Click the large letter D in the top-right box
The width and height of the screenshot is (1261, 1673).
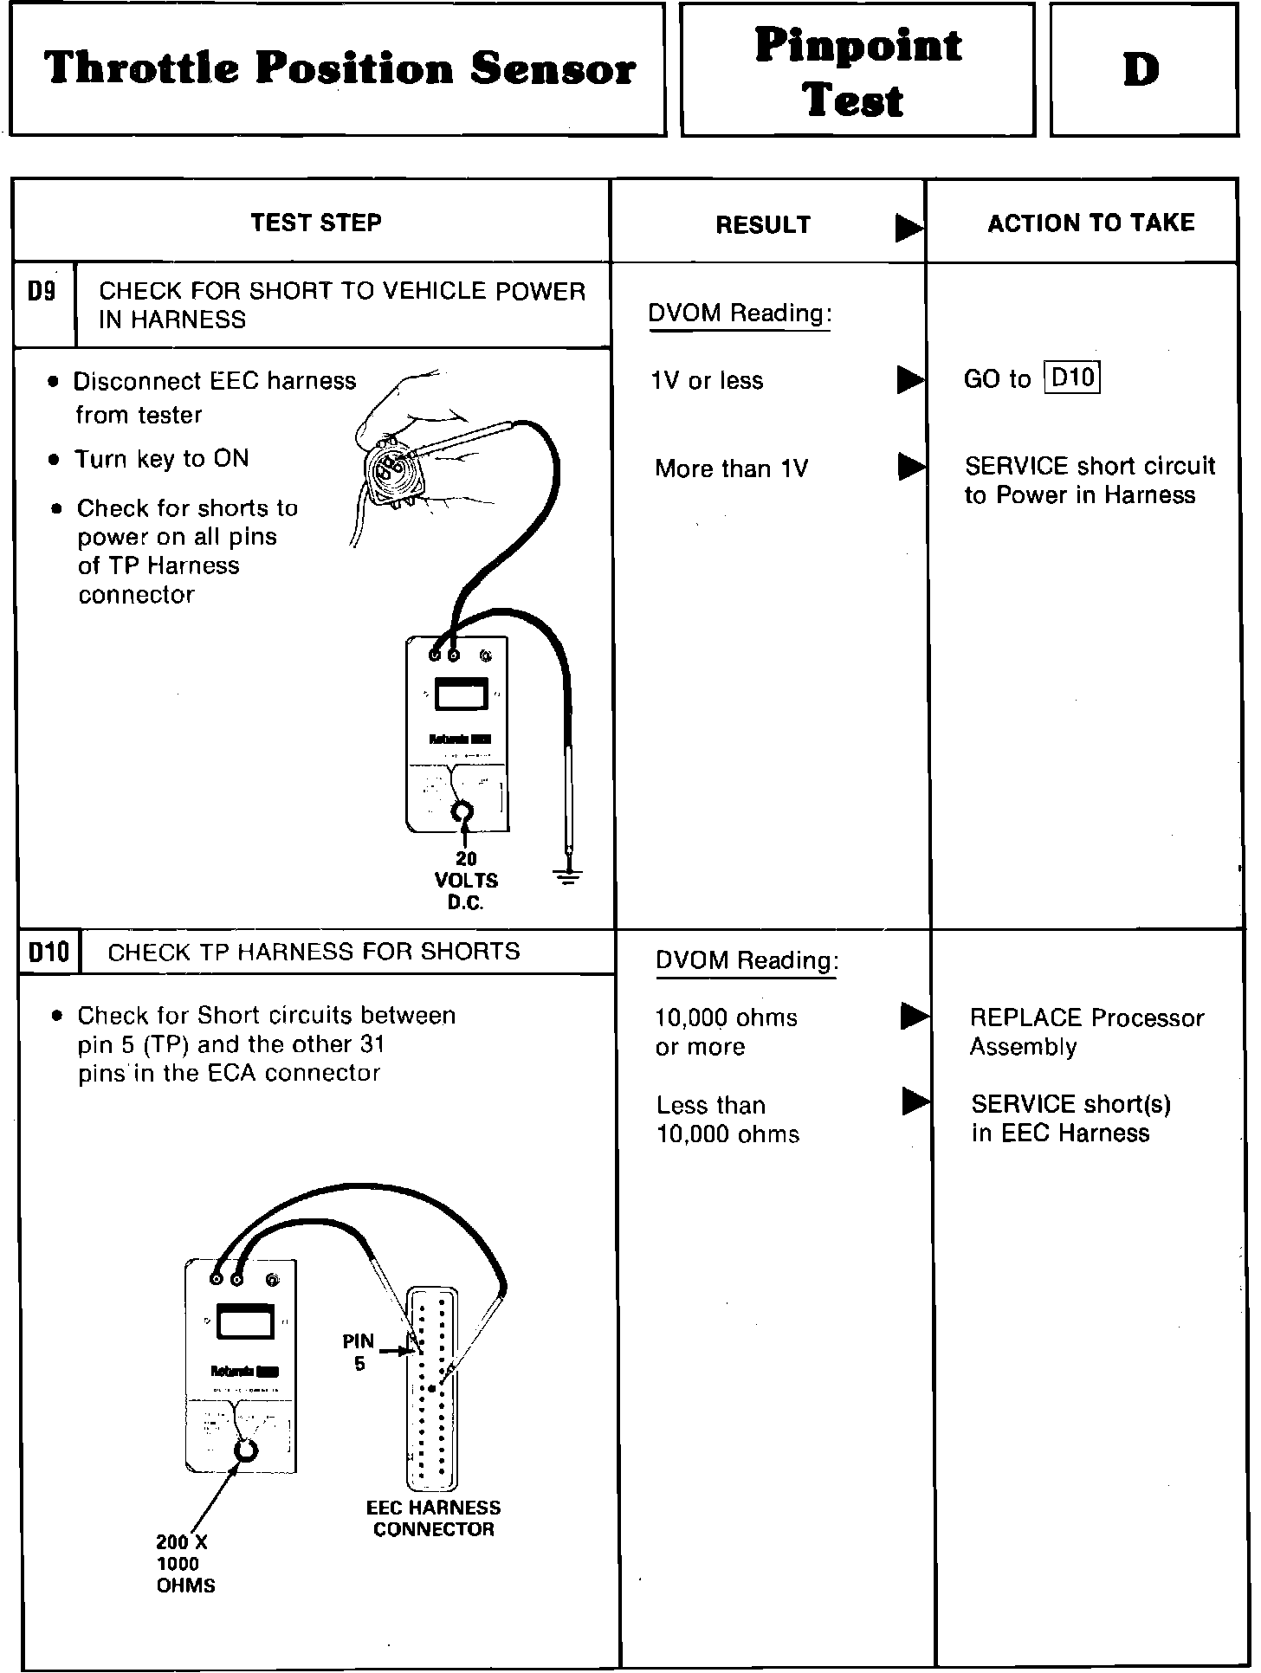click(x=1141, y=70)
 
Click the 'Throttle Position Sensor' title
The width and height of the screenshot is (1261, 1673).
click(x=339, y=69)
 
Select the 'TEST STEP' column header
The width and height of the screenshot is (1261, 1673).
click(x=316, y=223)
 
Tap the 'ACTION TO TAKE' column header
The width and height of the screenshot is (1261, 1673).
click(x=1090, y=223)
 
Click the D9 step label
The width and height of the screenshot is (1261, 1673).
click(x=42, y=292)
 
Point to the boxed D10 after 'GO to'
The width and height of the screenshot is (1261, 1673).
click(x=1072, y=378)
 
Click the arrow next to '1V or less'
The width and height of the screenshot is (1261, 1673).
click(x=909, y=380)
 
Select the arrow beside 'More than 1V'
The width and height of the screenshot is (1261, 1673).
click(x=910, y=468)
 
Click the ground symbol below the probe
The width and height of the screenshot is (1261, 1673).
click(x=568, y=877)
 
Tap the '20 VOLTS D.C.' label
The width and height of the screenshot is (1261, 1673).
click(x=466, y=881)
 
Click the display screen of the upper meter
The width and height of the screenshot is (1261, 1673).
click(x=460, y=695)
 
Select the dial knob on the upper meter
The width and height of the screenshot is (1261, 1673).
click(x=463, y=812)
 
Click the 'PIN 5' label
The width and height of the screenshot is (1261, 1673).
click(x=359, y=1352)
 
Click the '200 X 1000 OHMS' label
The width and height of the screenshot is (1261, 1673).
click(x=184, y=1563)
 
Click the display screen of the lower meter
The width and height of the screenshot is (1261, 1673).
click(x=244, y=1322)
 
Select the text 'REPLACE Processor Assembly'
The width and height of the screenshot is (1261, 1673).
click(x=1086, y=1031)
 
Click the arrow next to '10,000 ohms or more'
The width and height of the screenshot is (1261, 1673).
click(x=914, y=1016)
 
